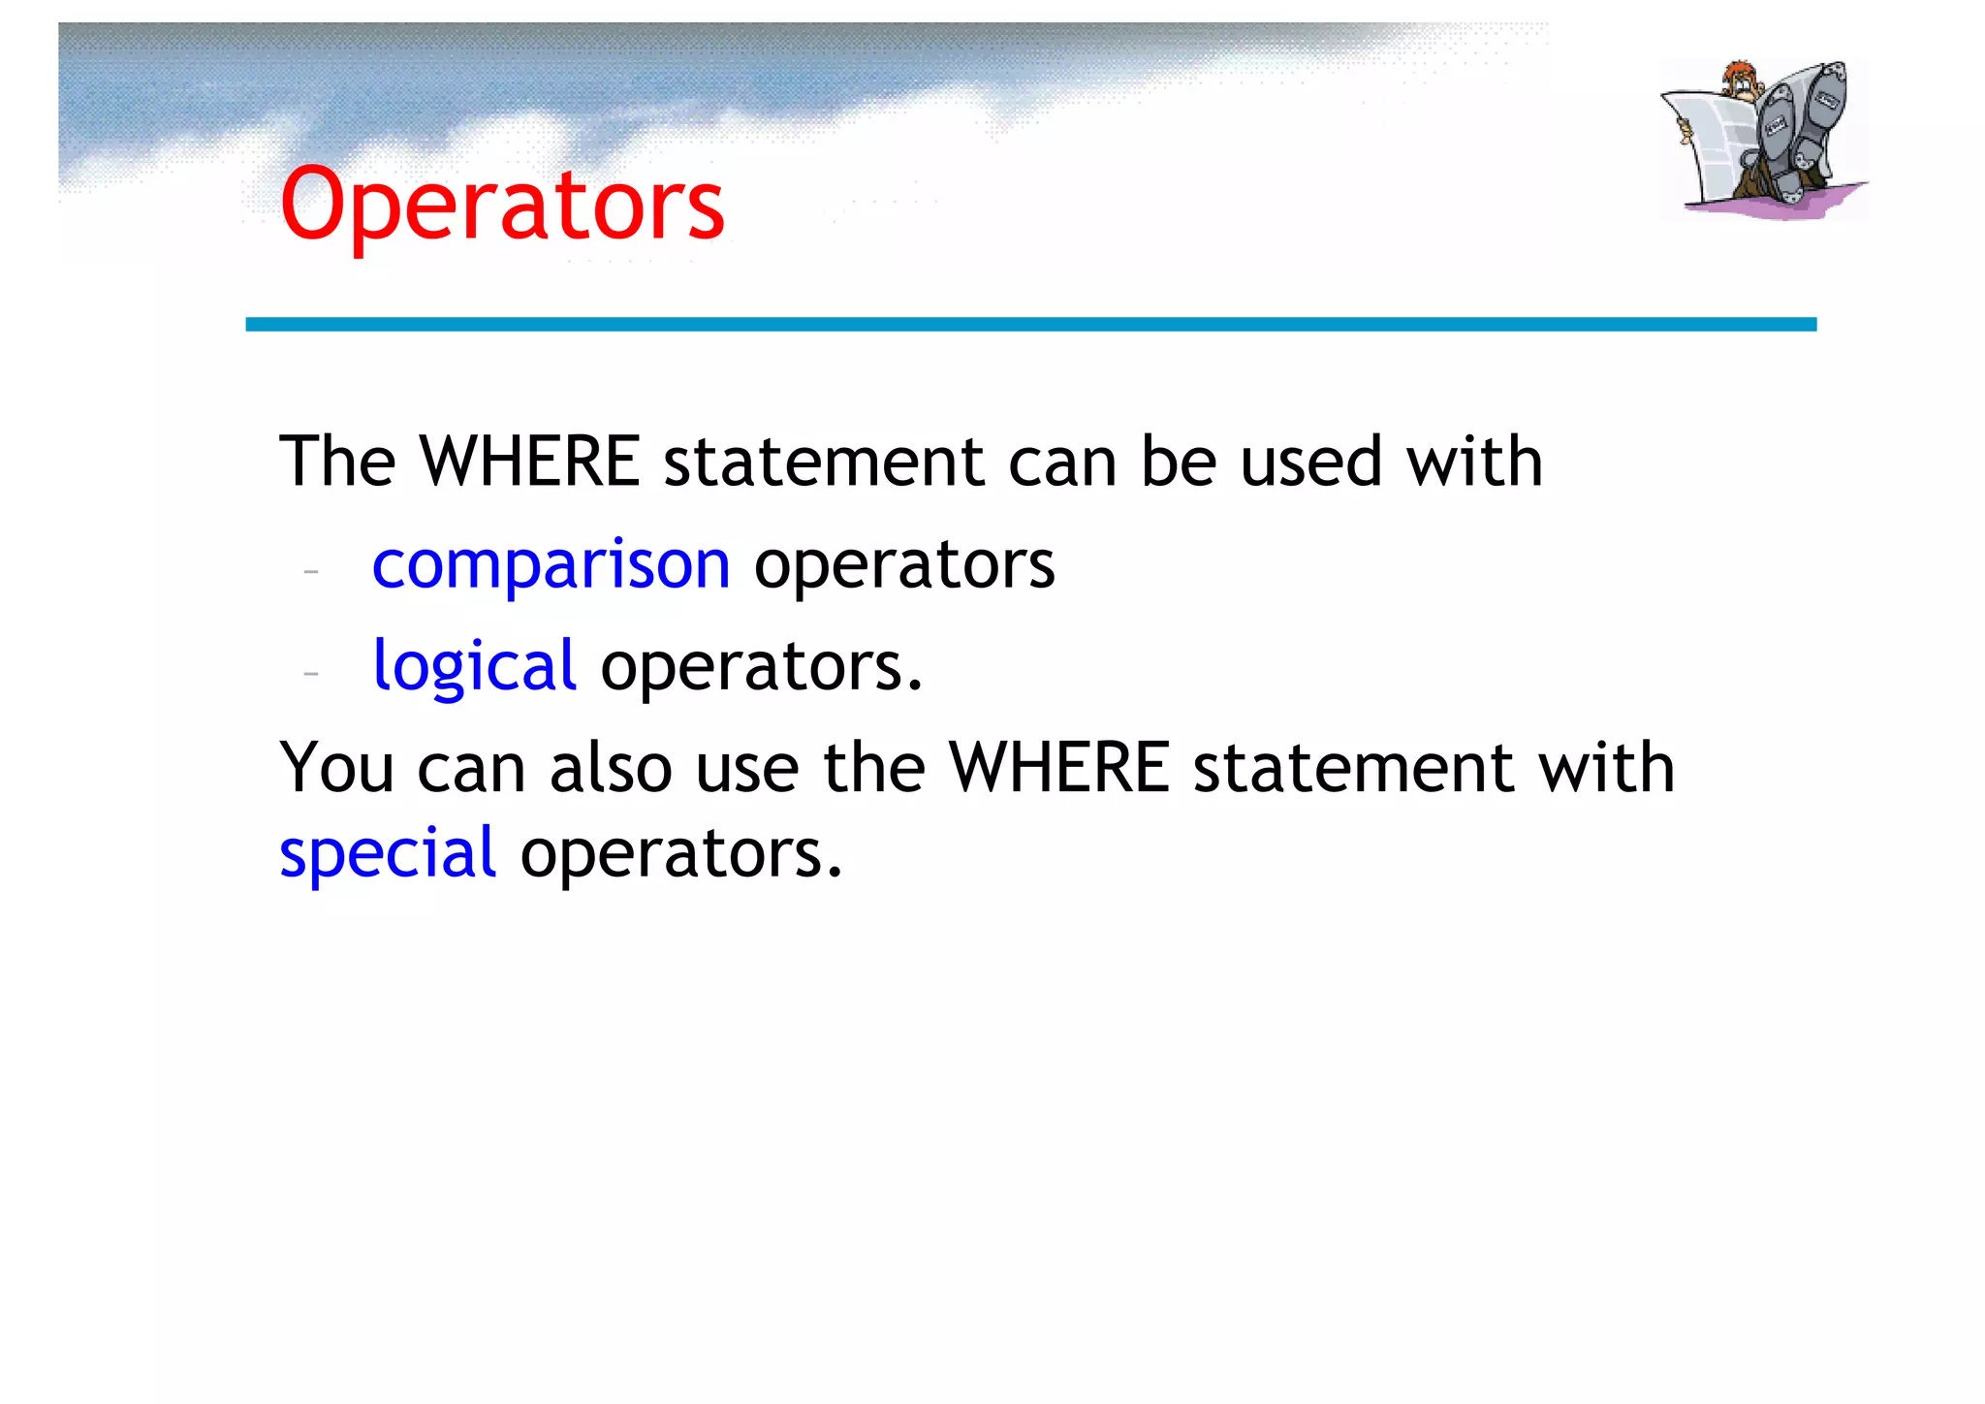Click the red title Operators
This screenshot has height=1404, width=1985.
[502, 205]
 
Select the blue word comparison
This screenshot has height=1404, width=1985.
[551, 564]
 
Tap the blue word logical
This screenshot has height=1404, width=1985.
[475, 666]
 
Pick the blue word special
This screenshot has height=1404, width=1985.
[388, 853]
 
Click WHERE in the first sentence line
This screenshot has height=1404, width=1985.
[530, 462]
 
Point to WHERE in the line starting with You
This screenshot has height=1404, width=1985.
[1059, 768]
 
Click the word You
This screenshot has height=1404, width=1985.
[336, 768]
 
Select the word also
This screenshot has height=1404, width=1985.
[611, 768]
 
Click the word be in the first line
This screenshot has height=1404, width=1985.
[1178, 462]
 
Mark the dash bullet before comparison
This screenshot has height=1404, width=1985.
[311, 571]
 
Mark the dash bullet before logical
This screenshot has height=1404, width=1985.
[311, 671]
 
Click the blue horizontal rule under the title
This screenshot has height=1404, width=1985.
[1030, 324]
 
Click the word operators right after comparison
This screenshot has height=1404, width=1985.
[904, 566]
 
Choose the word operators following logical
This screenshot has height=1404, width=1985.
[761, 668]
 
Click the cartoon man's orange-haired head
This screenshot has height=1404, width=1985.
[1740, 80]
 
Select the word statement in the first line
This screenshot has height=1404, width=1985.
[824, 462]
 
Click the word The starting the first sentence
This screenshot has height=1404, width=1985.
[337, 462]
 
